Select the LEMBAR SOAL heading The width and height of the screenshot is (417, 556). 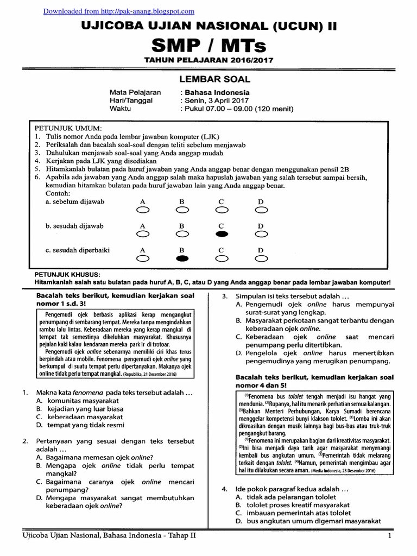tap(208, 79)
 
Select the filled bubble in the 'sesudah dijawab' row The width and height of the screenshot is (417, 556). tap(222, 234)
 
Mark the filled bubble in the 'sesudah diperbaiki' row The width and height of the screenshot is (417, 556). tap(182, 258)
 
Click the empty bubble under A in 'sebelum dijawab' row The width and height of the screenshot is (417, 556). tap(143, 210)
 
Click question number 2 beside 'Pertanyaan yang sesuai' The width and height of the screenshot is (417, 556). tap(25, 441)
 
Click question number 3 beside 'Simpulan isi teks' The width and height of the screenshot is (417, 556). tap(224, 296)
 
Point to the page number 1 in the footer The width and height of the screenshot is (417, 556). tap(389, 536)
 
